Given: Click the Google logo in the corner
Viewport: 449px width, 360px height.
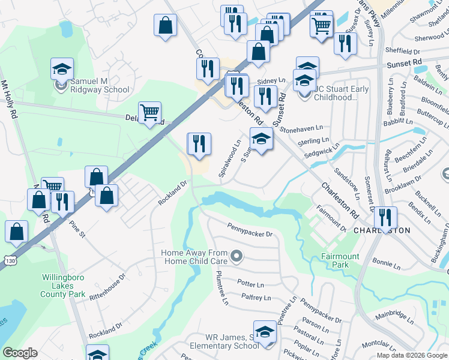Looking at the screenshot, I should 20,353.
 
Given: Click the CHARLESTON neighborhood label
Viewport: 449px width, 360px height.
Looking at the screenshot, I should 382,230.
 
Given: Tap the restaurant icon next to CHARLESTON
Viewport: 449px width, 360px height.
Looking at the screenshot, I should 385,217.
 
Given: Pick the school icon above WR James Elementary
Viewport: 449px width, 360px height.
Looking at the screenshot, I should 265,332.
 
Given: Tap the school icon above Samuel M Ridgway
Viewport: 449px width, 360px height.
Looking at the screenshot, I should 62,69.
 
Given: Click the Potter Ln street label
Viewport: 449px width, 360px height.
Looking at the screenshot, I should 251,283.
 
